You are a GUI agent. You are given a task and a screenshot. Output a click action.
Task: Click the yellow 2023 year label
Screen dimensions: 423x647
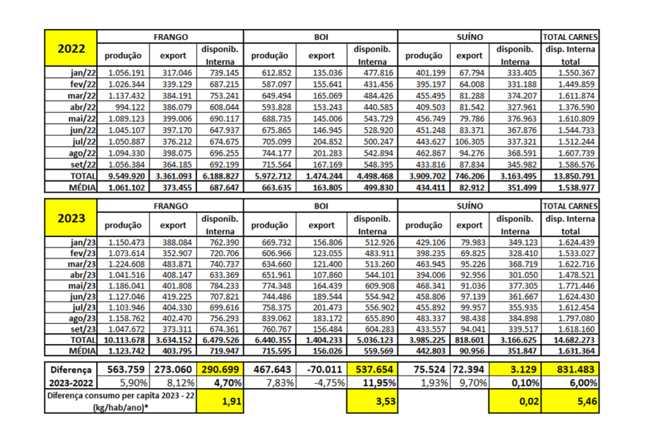click(71, 218)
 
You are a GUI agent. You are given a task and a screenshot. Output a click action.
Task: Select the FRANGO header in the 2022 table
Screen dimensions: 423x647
click(171, 37)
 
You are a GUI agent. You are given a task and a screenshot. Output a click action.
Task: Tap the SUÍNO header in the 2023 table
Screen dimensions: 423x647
click(469, 205)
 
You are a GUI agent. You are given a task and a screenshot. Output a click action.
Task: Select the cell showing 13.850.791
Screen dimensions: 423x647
click(570, 175)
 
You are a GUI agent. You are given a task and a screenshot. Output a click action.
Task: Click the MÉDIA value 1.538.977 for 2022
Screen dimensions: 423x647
click(570, 187)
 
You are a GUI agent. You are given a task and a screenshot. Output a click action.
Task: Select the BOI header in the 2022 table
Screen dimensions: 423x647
click(321, 37)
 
